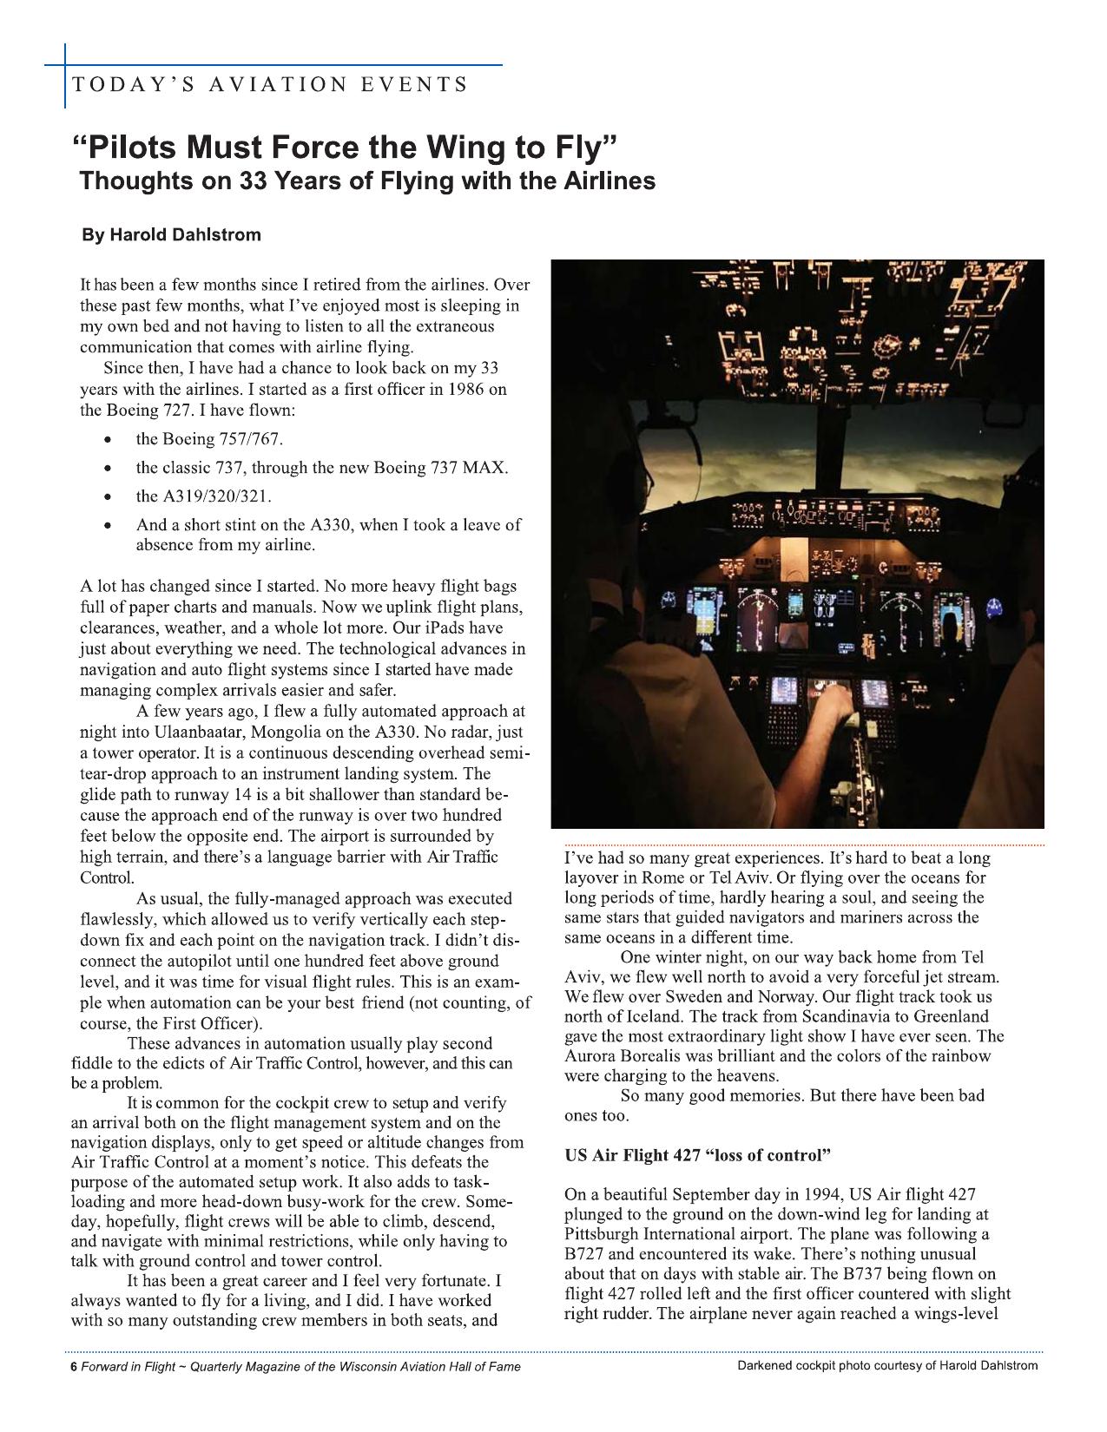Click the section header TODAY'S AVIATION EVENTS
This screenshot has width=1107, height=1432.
pyautogui.click(x=270, y=85)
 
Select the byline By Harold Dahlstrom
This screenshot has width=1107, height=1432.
pyautogui.click(x=171, y=235)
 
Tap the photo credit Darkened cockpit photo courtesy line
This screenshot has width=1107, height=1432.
pyautogui.click(x=886, y=1365)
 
